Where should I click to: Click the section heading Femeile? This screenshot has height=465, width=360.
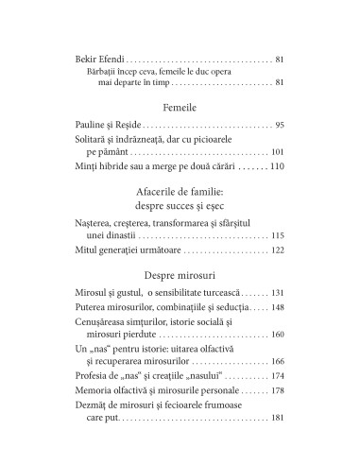180,107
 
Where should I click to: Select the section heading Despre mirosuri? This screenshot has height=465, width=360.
180,274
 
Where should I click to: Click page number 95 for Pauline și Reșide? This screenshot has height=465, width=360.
280,125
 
